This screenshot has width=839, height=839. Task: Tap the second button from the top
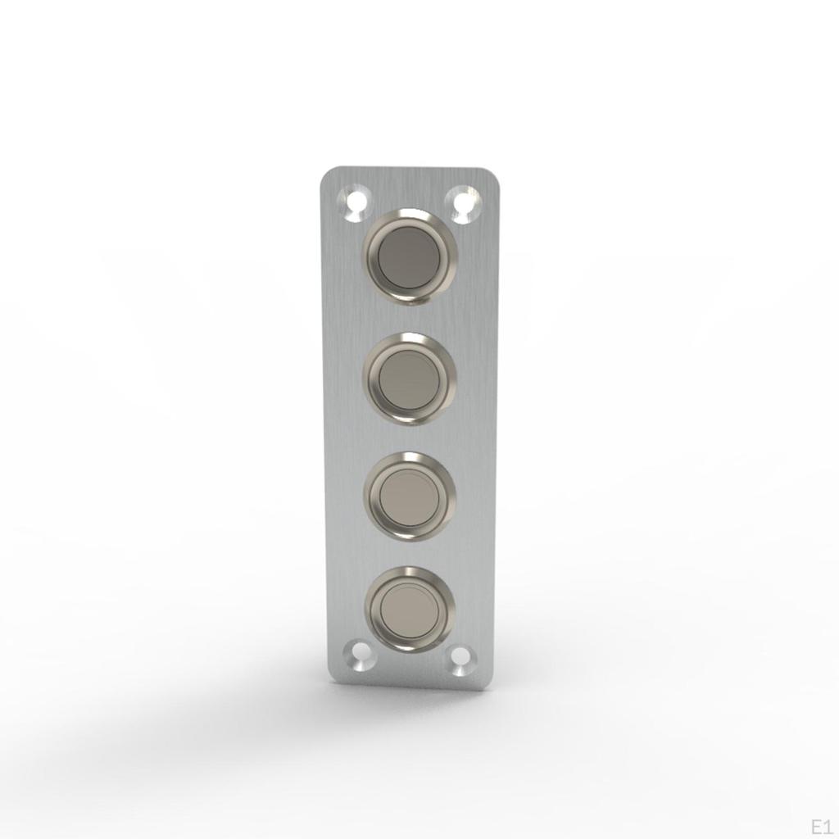pos(410,379)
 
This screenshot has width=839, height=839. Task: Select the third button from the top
pos(410,495)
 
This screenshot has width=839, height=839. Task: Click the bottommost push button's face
pos(410,608)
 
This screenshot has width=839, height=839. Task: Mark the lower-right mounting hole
pos(461,655)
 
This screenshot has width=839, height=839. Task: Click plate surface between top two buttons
pos(410,318)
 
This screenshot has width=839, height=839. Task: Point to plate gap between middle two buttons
pos(410,438)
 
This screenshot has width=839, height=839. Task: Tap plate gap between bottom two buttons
pos(410,553)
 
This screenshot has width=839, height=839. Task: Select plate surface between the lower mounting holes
pos(410,665)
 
